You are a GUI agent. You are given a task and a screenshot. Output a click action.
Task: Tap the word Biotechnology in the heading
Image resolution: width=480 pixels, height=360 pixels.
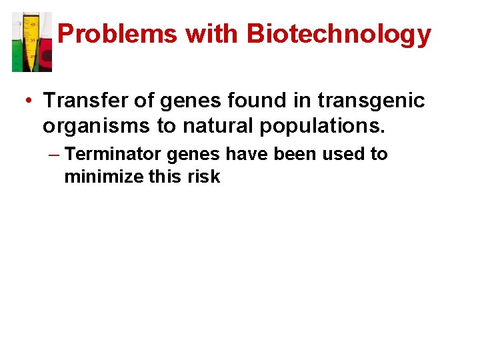click(339, 34)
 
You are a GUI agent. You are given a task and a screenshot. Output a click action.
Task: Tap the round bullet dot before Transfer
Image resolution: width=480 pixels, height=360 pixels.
click(29, 101)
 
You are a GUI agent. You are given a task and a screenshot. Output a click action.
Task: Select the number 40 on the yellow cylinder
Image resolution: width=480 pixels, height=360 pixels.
click(32, 25)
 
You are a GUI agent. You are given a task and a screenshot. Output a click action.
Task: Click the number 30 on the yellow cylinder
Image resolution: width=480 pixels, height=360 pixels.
click(32, 41)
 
